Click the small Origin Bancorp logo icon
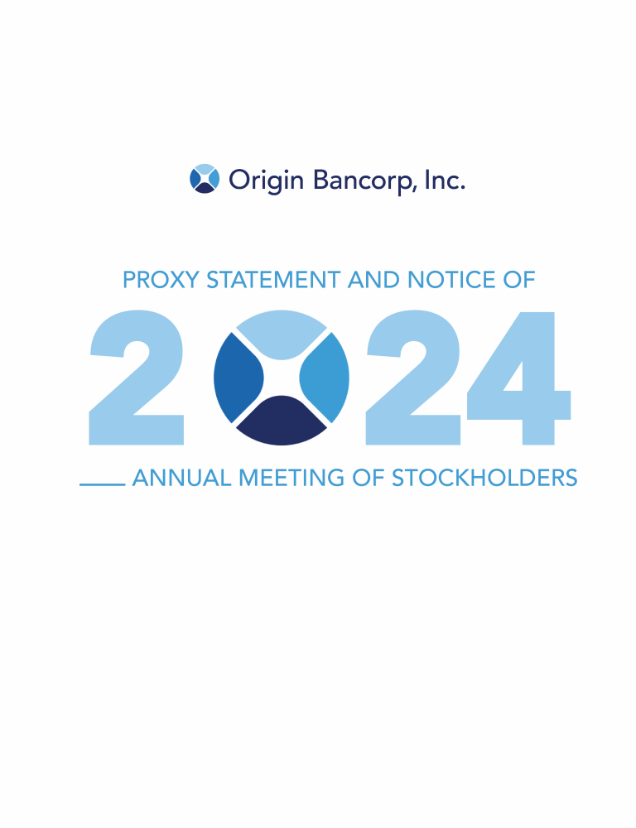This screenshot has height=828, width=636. pyautogui.click(x=205, y=179)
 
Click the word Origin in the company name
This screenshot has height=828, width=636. pyautogui.click(x=266, y=181)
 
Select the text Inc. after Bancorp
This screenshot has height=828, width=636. pyautogui.click(x=445, y=180)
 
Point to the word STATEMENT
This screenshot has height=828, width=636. pyautogui.click(x=273, y=280)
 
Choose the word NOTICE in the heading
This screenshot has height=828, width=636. pyautogui.click(x=451, y=280)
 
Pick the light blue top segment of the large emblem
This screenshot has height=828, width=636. pyautogui.click(x=282, y=333)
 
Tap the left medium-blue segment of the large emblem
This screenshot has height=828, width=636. pyautogui.click(x=237, y=378)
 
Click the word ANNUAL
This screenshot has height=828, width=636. pyautogui.click(x=182, y=478)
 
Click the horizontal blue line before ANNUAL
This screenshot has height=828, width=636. pyautogui.click(x=103, y=484)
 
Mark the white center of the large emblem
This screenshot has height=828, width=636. pyautogui.click(x=282, y=378)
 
